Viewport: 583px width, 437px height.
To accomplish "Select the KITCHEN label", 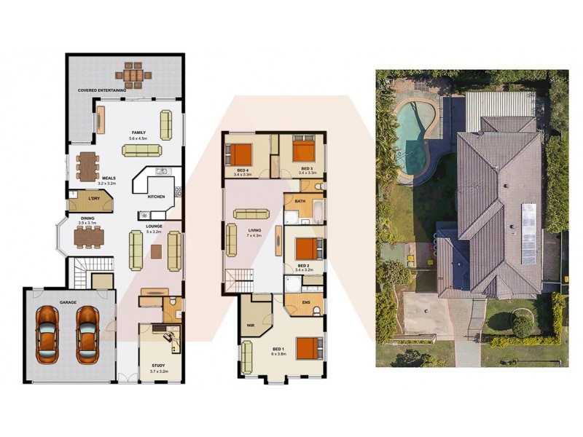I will tap(157, 197).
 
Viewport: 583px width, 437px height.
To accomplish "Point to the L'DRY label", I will tap(93, 199).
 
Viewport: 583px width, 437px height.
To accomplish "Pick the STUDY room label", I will tap(159, 366).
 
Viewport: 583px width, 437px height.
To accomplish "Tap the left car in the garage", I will tap(47, 336).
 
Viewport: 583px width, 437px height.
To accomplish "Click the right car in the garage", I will tap(87, 336).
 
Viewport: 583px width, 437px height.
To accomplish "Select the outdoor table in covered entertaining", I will tap(133, 74).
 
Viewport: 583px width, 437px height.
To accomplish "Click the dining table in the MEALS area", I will tap(87, 166).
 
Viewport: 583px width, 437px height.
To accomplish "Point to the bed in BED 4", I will tap(240, 154).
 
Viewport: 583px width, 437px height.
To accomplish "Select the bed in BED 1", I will tap(308, 348).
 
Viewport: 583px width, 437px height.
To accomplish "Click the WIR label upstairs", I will tap(251, 326).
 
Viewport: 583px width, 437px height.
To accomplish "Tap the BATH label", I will tap(300, 200).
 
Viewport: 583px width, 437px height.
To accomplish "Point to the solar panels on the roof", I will tap(528, 233).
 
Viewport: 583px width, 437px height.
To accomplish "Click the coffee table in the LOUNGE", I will tap(155, 251).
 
